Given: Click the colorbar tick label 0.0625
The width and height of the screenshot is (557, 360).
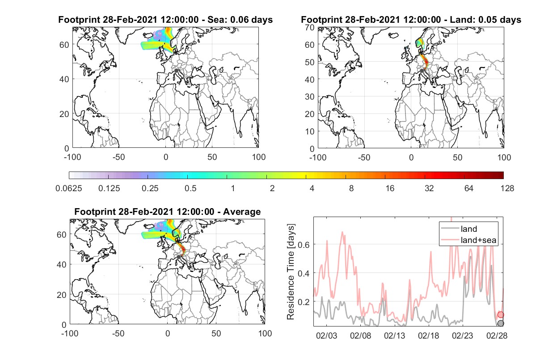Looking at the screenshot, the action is point(69,188).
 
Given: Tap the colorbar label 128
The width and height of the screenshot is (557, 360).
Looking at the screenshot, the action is point(507,188).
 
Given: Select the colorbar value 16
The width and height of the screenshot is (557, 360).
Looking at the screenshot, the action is point(390,188).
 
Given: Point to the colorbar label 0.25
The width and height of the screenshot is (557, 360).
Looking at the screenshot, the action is point(150,188).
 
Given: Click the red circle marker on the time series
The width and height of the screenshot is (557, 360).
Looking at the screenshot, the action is point(501,314).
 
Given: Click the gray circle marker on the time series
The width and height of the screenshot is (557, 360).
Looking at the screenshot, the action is point(501,323).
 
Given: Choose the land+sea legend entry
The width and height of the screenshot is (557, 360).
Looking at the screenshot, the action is point(468,240).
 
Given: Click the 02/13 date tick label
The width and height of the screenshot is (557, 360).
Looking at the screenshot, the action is point(394,336).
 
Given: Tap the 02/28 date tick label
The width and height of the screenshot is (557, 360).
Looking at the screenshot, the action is point(497,336).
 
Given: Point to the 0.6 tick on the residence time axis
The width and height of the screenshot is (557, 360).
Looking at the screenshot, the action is point(304,245).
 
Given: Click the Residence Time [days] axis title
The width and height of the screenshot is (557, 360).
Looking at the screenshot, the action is point(291,272).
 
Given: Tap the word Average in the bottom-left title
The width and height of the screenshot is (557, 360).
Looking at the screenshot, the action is point(242,212).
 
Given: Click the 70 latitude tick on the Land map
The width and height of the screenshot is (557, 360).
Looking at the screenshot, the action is point(310,27).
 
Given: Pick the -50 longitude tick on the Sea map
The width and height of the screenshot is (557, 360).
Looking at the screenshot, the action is point(118,157).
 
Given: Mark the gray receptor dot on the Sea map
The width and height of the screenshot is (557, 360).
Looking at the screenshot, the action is point(176,71).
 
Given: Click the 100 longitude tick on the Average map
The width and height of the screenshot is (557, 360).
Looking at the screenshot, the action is point(265,333).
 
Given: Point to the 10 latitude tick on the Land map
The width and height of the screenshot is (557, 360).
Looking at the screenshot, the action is point(310,131).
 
